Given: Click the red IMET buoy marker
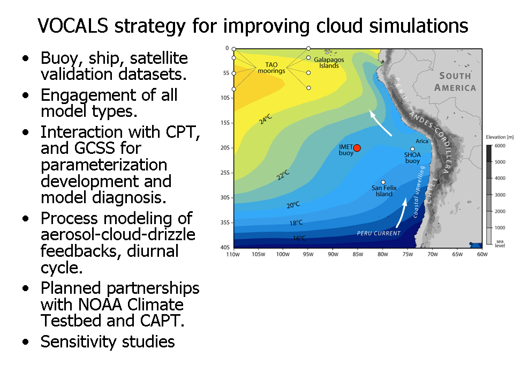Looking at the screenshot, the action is [357, 148].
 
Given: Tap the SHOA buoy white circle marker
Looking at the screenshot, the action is [412, 149].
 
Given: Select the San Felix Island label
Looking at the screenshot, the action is [384, 191].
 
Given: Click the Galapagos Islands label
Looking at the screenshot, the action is [329, 62].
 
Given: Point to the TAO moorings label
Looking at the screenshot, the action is [271, 68].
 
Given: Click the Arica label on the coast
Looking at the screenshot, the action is [422, 141].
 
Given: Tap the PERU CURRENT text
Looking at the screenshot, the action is [379, 233].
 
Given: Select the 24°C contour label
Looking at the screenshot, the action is [266, 119].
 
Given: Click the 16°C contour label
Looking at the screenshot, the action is [299, 238].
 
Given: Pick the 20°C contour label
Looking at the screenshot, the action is [293, 205].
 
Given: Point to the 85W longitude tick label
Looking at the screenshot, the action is [358, 254].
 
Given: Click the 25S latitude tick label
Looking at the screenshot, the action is [225, 173].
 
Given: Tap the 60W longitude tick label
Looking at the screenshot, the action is [482, 254].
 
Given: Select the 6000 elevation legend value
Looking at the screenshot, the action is [500, 146].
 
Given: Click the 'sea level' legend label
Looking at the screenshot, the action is [500, 243].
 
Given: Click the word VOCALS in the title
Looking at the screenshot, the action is [73, 26].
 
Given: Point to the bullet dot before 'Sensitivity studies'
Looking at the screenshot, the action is [26, 342].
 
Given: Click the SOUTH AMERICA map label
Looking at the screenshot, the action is [455, 81].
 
